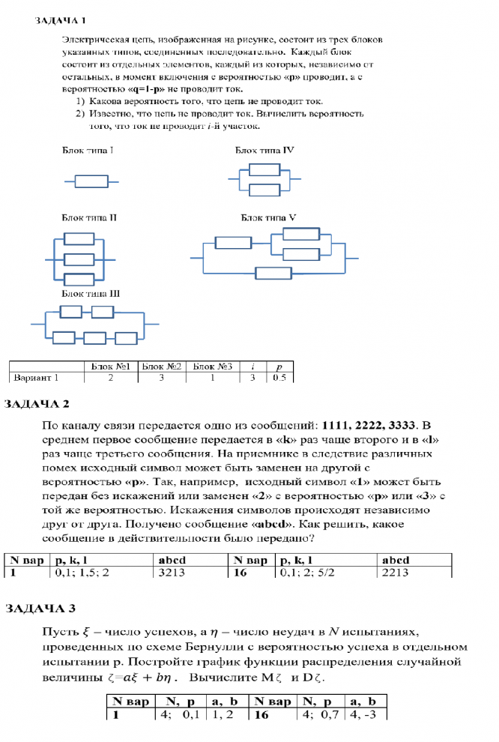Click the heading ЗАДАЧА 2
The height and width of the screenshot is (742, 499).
click(x=37, y=404)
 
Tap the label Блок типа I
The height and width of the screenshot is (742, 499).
click(x=88, y=151)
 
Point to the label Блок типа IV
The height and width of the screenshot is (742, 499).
click(x=264, y=151)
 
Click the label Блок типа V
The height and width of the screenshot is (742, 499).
click(x=269, y=217)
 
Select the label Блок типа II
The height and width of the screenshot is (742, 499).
click(x=89, y=218)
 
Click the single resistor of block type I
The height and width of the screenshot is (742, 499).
click(x=91, y=181)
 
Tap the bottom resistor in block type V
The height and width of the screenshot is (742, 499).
click(x=273, y=273)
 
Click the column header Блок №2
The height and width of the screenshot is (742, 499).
click(x=163, y=367)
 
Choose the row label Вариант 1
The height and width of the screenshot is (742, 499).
click(x=36, y=377)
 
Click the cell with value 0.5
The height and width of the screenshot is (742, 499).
click(x=279, y=377)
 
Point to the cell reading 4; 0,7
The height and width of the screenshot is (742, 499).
click(x=318, y=715)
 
